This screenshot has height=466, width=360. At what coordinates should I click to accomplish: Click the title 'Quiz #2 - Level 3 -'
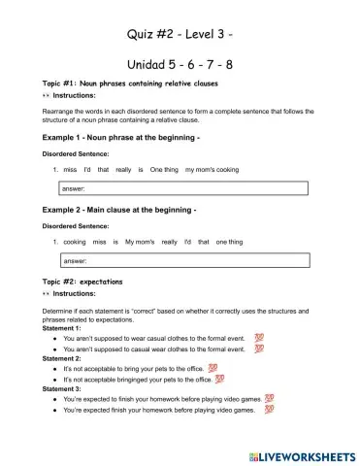point(180,36)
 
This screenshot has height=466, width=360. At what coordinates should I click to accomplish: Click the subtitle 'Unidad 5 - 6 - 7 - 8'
point(180,65)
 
